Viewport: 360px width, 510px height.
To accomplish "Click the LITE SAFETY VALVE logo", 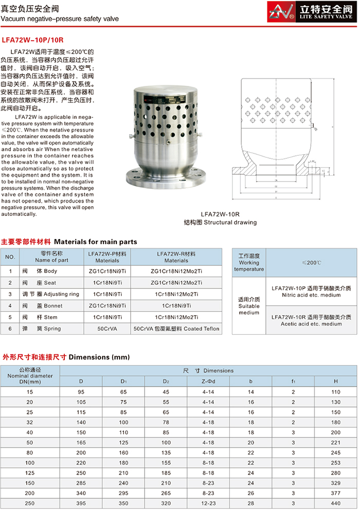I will [x=313, y=11].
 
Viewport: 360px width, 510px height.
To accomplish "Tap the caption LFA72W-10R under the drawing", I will [x=220, y=214].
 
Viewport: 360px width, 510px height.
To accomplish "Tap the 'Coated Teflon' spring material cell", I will [x=176, y=329].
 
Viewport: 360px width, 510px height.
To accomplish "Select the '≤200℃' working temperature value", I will [x=312, y=263].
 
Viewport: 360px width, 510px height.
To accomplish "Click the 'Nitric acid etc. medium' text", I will [x=312, y=295].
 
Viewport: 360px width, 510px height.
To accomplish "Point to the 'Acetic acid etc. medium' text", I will [x=312, y=324].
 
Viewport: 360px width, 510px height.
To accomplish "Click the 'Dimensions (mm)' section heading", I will [x=93, y=356].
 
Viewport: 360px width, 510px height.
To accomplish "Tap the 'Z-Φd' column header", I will [x=208, y=381].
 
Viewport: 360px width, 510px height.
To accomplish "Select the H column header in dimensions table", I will [x=335, y=381].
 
